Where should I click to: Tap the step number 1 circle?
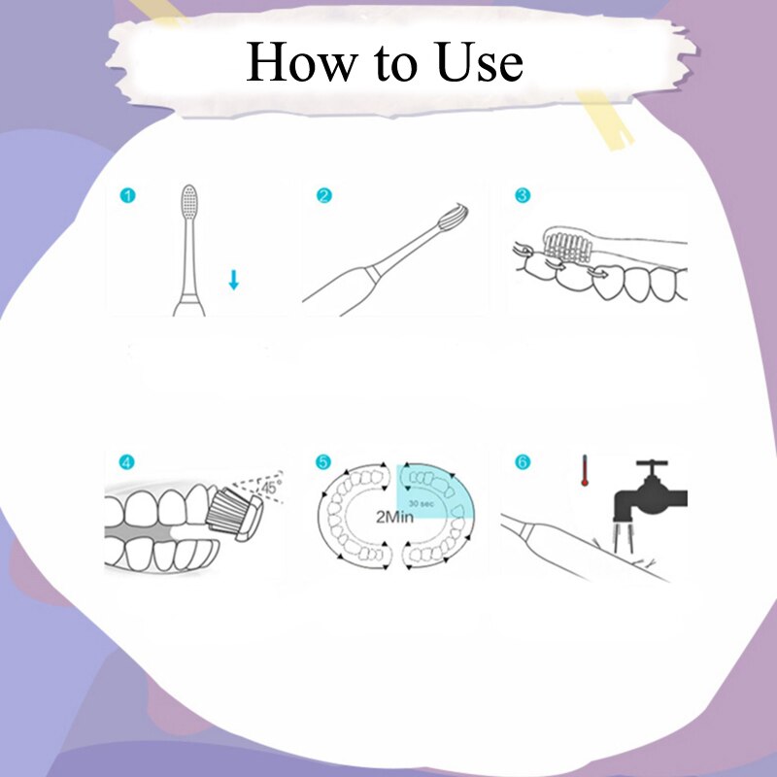[127, 195]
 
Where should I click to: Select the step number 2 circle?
[324, 195]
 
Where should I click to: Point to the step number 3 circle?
[523, 195]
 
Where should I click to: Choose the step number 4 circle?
[127, 461]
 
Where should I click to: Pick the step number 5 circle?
[324, 461]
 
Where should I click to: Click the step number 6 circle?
[523, 461]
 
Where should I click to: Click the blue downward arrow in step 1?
[233, 281]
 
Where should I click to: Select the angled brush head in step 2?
[456, 220]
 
